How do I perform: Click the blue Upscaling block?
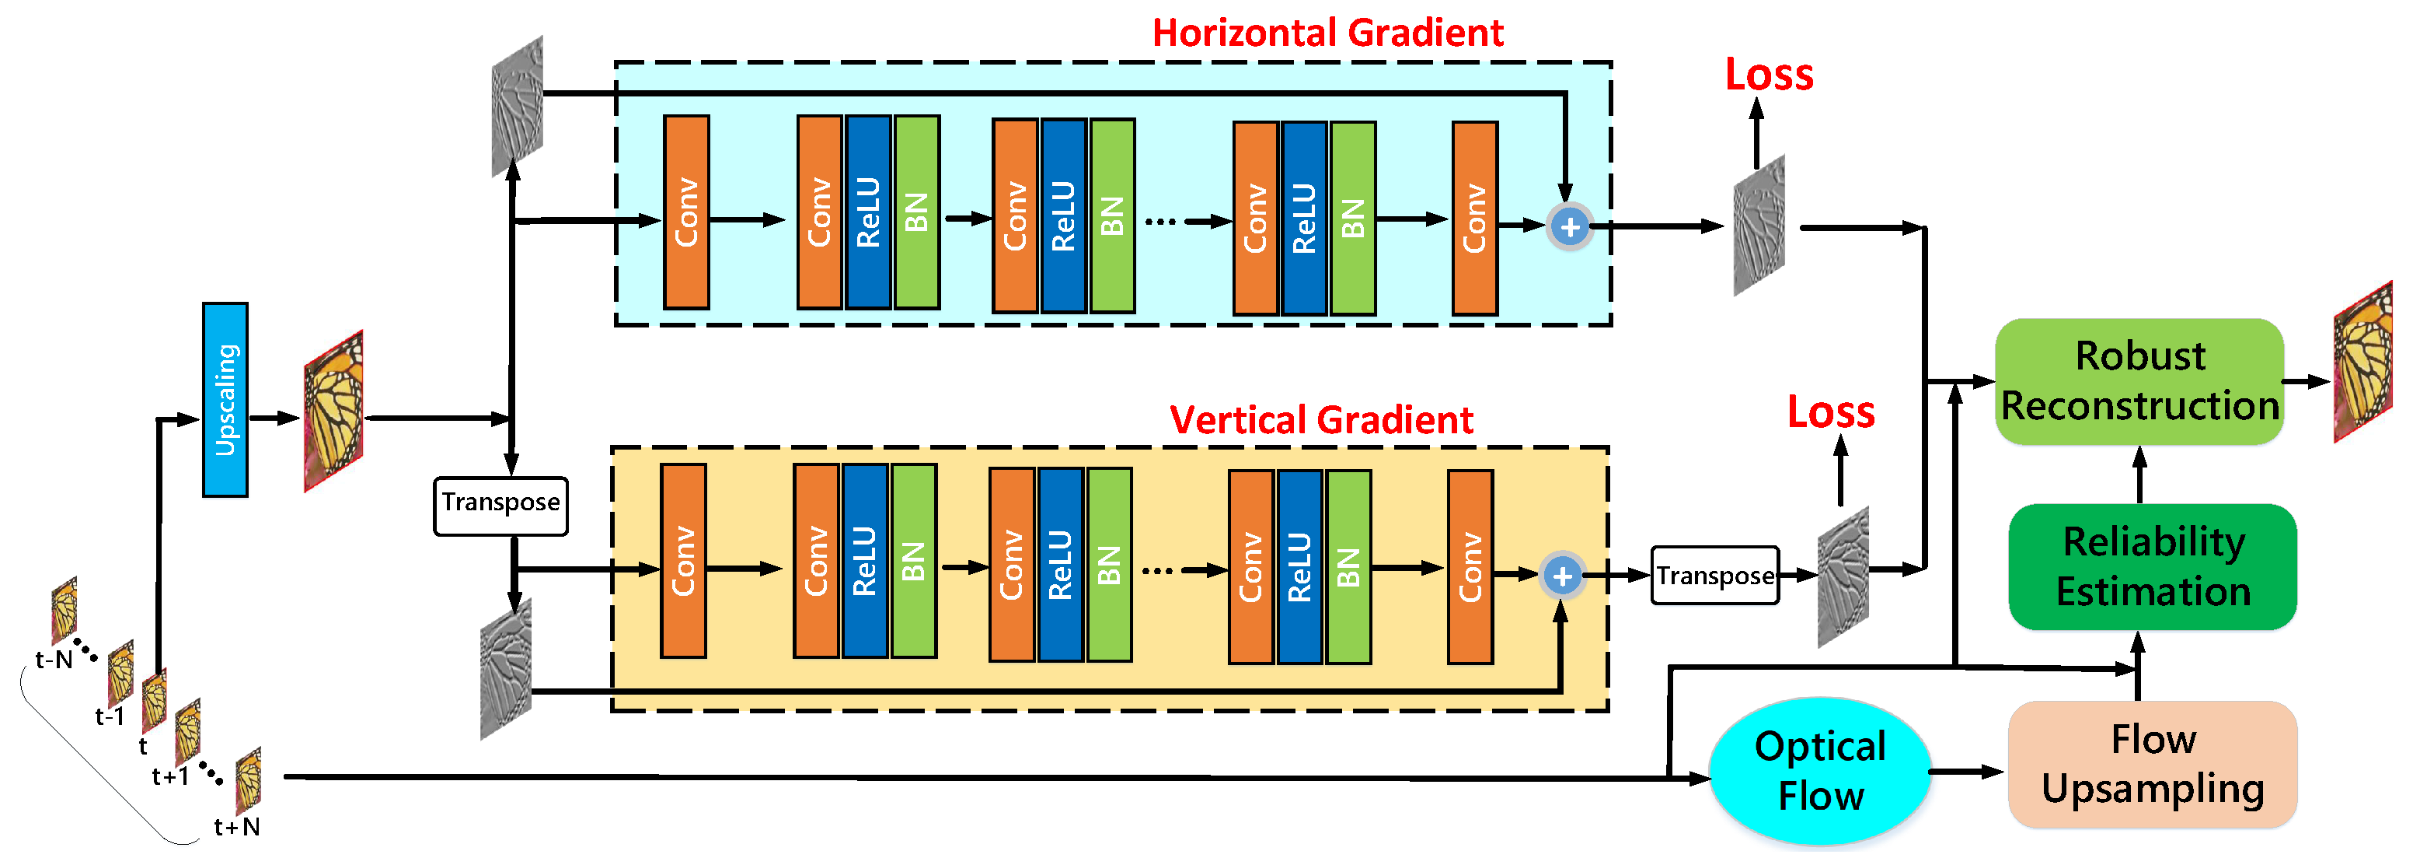click(225, 399)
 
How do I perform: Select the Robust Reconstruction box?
click(2139, 381)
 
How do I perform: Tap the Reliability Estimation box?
click(2152, 567)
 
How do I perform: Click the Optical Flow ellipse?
click(1819, 770)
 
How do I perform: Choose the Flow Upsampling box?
click(2152, 765)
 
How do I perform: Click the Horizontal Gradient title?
click(1327, 33)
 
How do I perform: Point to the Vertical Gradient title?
click(1321, 420)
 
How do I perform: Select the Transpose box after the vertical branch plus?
click(1714, 576)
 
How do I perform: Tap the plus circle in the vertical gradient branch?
click(1561, 576)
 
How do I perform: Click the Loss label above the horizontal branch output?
click(1769, 75)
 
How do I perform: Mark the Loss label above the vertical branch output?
click(1830, 412)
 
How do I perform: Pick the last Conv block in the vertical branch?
click(1470, 567)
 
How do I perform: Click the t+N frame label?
click(236, 827)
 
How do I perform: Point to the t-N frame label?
click(54, 660)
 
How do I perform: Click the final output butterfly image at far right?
click(2362, 361)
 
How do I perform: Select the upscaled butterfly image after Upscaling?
click(333, 411)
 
